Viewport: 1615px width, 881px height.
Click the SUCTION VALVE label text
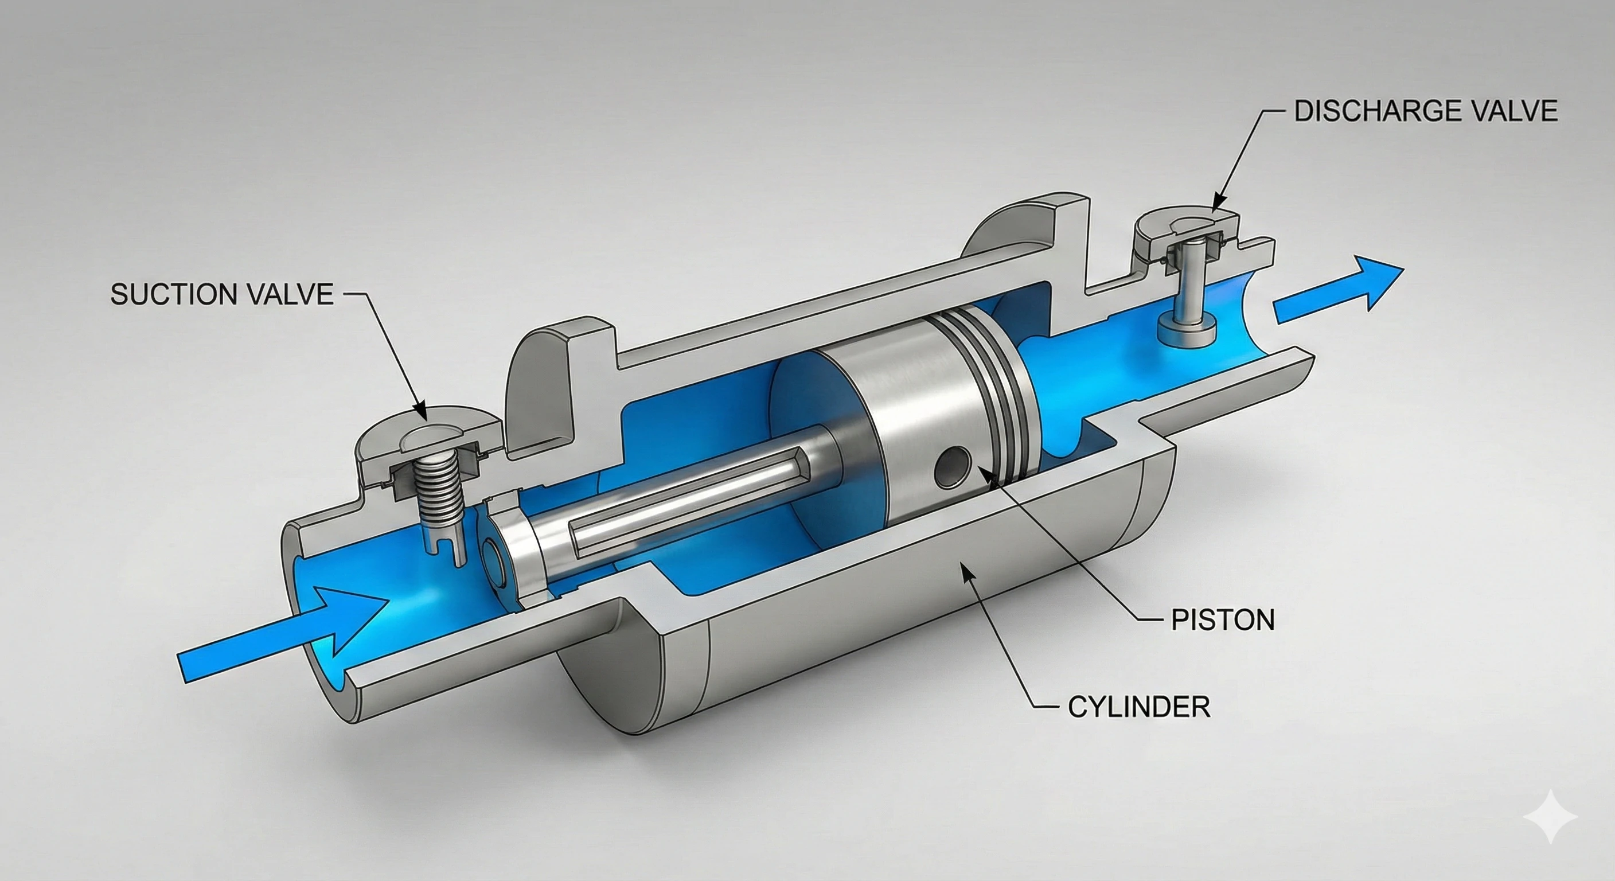point(221,294)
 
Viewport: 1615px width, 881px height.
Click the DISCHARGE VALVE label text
point(1426,111)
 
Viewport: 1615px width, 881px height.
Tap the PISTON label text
point(1223,620)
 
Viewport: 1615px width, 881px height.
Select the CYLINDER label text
point(1138,707)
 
